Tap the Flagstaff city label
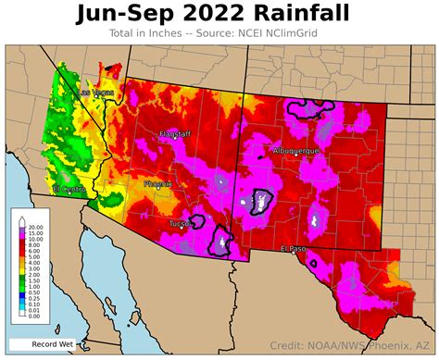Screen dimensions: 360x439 point(176,134)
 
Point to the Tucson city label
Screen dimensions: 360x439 point(180,223)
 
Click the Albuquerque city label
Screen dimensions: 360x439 point(296,149)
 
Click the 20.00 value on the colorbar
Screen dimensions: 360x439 point(35,227)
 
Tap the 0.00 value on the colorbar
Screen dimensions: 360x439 point(35,316)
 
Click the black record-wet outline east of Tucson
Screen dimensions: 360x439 point(221,239)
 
